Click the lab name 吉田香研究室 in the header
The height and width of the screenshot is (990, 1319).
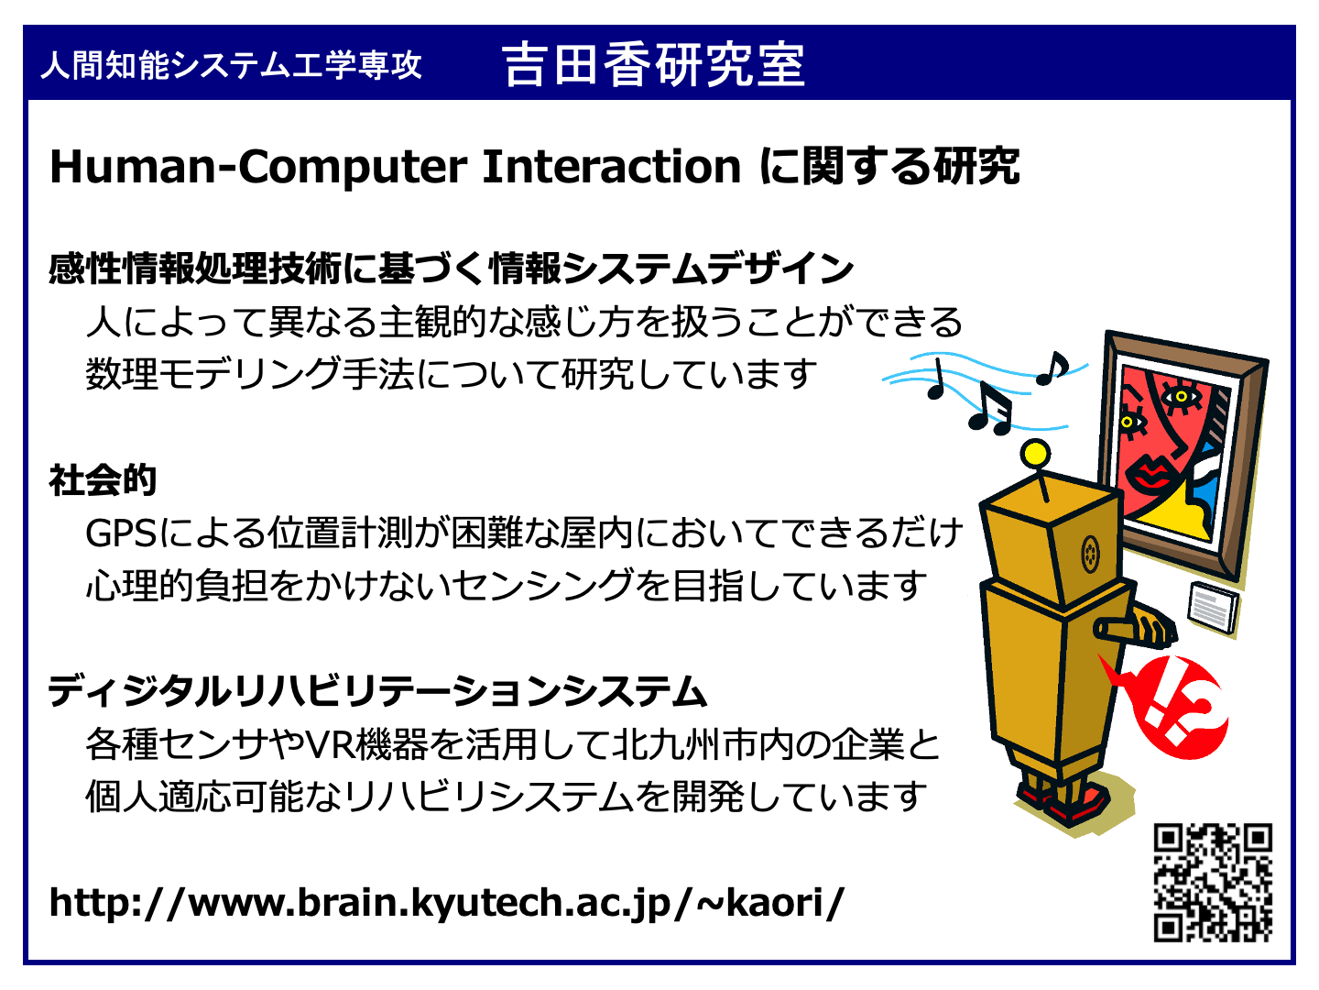pos(653,65)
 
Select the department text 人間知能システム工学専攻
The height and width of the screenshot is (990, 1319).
pos(232,65)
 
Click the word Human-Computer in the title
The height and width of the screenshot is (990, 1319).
pos(258,167)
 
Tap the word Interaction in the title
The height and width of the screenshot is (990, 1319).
pos(611,167)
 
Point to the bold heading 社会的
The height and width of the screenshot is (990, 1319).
pos(103,480)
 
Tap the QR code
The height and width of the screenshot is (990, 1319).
pos(1213,883)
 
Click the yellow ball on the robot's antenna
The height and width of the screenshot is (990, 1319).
pos(1035,454)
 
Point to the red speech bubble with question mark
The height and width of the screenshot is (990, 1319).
pos(1169,706)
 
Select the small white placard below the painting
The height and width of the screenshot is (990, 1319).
pos(1214,608)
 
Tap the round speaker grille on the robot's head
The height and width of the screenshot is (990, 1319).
pos(1091,553)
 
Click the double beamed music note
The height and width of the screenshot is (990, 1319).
pos(990,409)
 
